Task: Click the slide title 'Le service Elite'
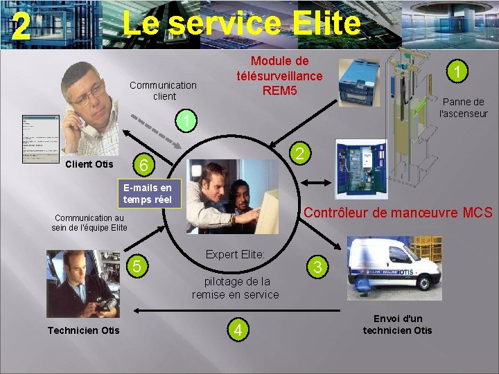click(241, 24)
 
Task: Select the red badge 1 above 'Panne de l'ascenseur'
click(457, 71)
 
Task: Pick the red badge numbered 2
click(298, 154)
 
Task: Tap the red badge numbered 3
click(317, 267)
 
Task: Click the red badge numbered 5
click(137, 266)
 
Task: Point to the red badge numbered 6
click(142, 165)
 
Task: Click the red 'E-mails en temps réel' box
click(147, 194)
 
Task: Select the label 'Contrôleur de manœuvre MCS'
click(399, 213)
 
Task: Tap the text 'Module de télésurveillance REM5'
click(279, 75)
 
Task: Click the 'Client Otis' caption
click(89, 165)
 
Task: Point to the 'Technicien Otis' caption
click(83, 330)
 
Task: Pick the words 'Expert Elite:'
click(235, 255)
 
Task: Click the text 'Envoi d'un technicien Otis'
click(397, 324)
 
